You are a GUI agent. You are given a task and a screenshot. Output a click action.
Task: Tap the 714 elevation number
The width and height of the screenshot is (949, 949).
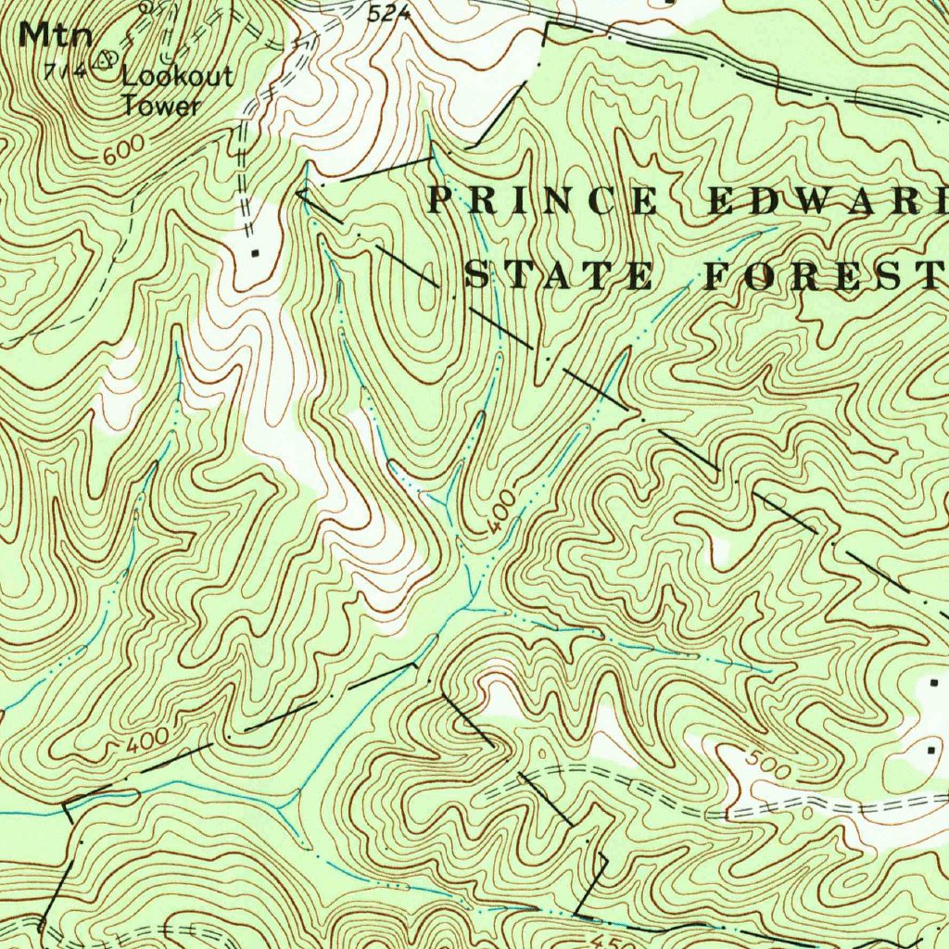76,70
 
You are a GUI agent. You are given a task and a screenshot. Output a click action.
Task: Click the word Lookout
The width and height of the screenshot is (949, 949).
178,77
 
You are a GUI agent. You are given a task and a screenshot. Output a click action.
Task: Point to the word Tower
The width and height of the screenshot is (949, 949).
161,106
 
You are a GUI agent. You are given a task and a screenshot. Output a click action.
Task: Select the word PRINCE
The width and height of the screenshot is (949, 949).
544,201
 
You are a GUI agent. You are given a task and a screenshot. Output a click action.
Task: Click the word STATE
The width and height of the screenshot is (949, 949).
558,276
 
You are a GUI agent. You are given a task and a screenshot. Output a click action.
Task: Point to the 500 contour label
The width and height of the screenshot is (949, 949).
768,766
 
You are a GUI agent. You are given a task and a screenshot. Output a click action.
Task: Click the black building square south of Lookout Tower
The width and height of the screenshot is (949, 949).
256,252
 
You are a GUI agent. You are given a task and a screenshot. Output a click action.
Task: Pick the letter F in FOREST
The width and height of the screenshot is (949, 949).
715,276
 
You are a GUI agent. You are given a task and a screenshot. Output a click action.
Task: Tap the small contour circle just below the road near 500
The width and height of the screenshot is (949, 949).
806,813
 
